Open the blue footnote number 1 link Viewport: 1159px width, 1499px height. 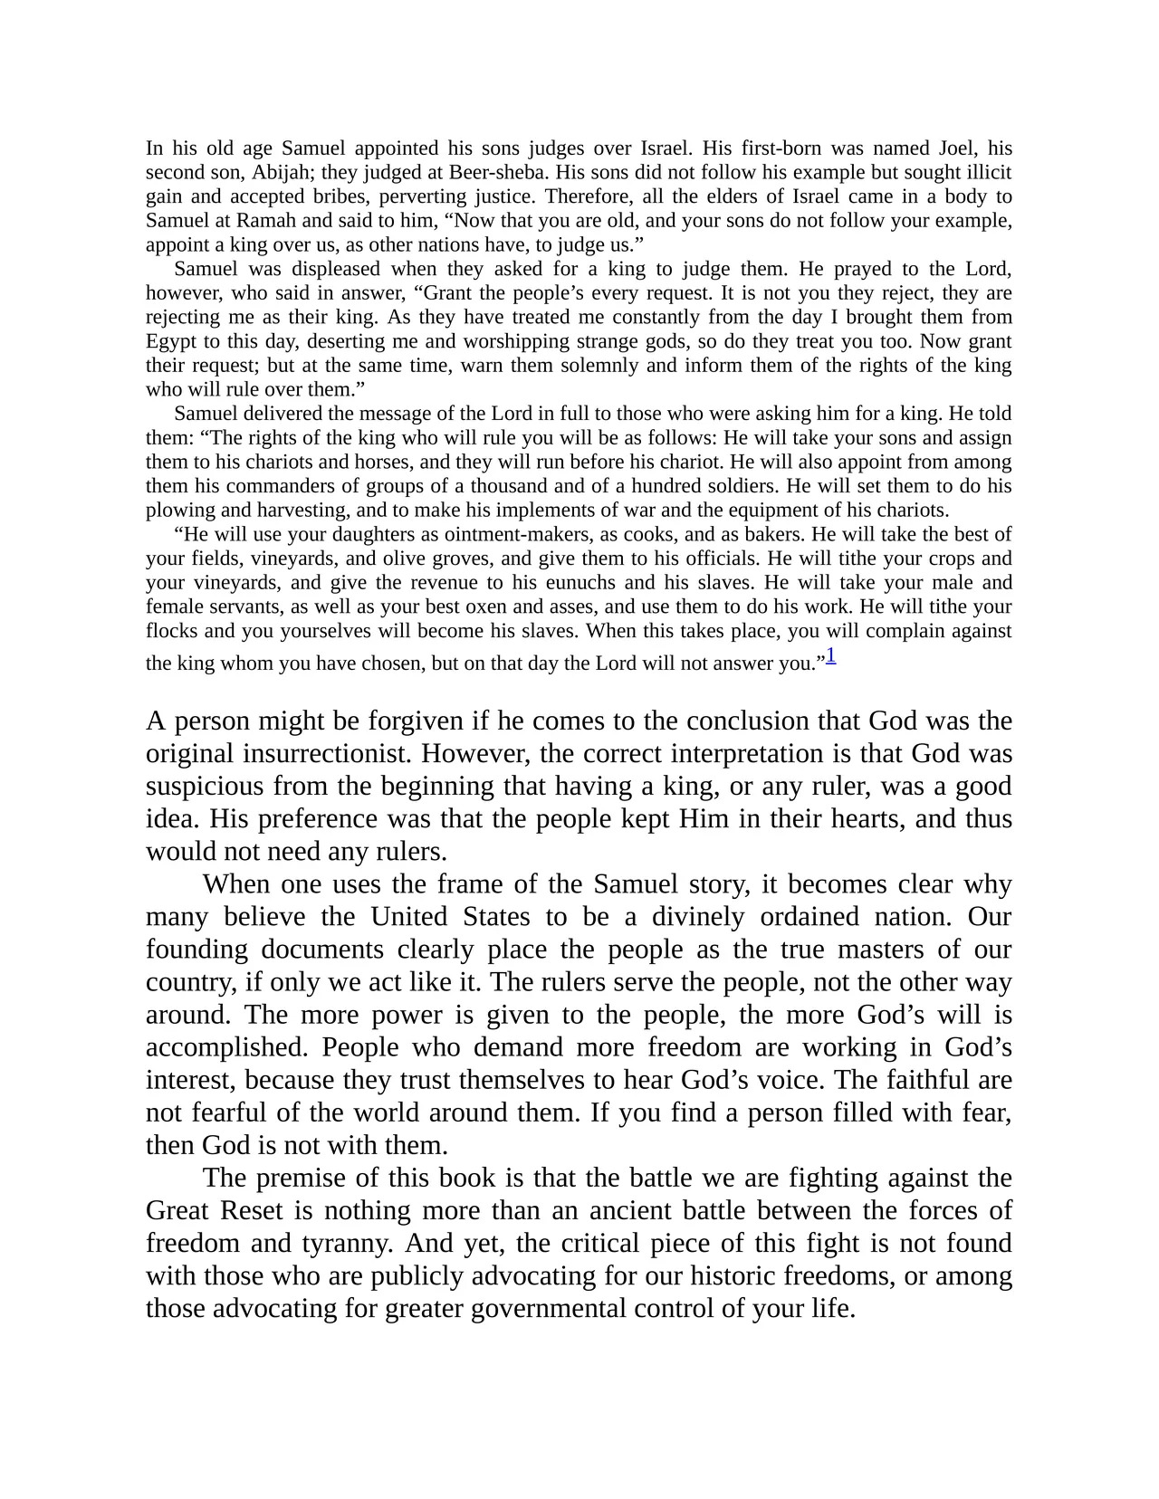click(830, 656)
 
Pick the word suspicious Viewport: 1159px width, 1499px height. click(209, 786)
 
